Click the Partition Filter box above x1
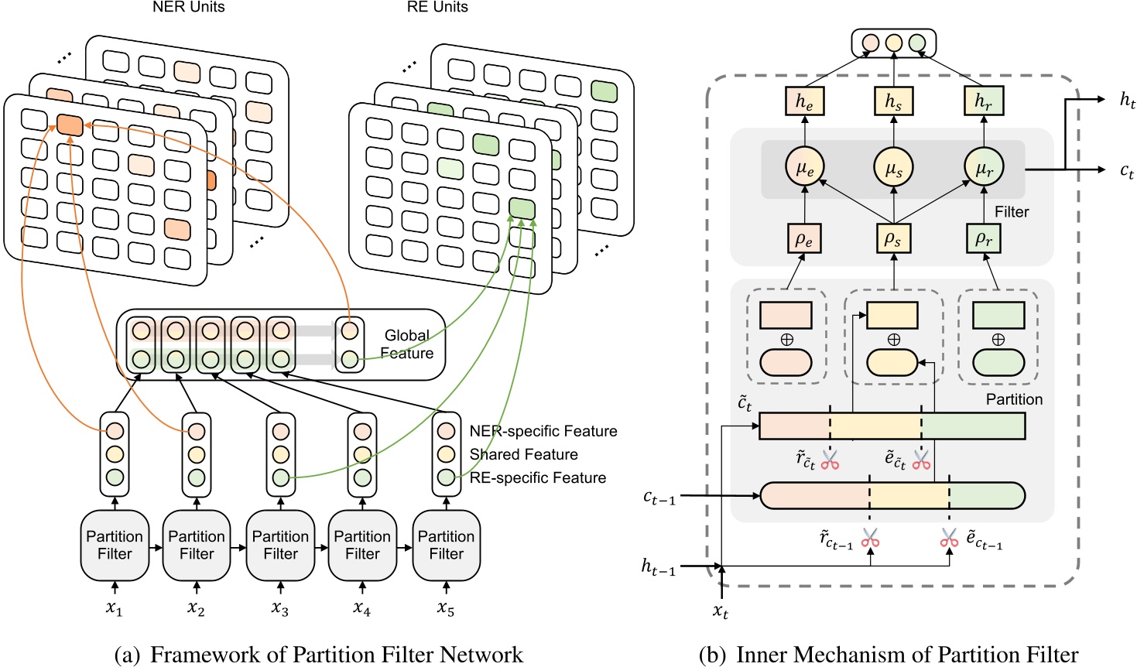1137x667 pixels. click(115, 546)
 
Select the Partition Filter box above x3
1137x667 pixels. click(280, 546)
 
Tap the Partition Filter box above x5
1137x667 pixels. click(446, 546)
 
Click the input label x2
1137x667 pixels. click(197, 609)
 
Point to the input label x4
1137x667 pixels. click(361, 609)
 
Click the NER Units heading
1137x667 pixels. click(188, 8)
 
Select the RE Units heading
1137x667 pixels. click(437, 8)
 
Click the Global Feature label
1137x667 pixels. click(406, 344)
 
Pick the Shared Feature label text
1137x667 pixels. click(523, 454)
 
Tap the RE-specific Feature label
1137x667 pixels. click(537, 477)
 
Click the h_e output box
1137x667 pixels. click(804, 101)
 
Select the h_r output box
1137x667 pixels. click(984, 101)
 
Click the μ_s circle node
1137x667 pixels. click(893, 167)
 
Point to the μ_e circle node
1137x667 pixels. click(804, 167)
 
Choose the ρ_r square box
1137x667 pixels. click(984, 238)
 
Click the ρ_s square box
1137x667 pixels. click(893, 238)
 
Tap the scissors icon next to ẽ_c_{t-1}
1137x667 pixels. click(949, 538)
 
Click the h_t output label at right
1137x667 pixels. click(1127, 100)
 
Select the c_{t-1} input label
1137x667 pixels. click(659, 498)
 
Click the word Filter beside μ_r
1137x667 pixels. click(1012, 212)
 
